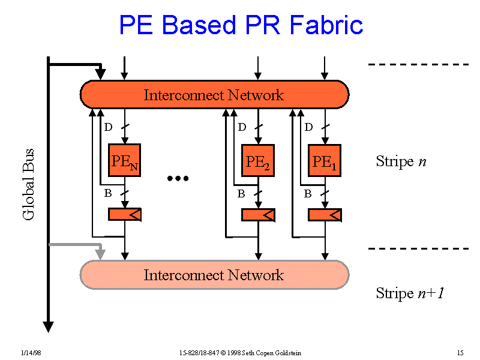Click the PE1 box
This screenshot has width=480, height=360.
pos(325,160)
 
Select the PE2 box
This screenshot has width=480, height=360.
pos(257,160)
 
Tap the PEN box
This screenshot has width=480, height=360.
pos(124,160)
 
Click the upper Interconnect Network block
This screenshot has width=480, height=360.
pos(214,94)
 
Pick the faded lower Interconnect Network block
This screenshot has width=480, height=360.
pos(214,275)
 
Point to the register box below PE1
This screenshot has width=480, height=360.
pos(325,214)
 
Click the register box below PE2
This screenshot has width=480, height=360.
pos(257,214)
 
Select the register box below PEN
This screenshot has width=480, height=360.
pos(124,214)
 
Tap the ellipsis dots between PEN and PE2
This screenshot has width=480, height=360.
pos(178,178)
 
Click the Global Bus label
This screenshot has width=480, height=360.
pos(29,184)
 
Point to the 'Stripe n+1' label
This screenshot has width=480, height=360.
pos(409,293)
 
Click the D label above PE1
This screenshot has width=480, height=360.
pos(308,127)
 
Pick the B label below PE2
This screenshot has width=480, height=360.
pos(241,194)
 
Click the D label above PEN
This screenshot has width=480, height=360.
pos(108,127)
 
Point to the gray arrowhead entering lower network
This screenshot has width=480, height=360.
pos(101,254)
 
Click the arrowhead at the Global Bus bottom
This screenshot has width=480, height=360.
pos(49,327)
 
